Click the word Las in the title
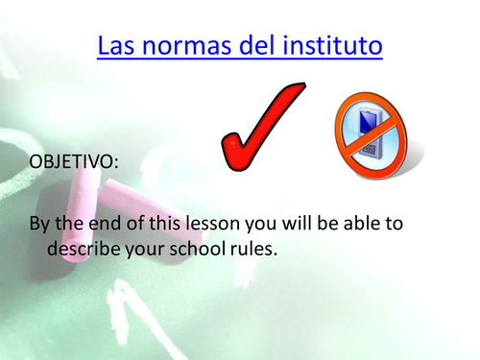(x=118, y=45)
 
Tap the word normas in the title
(x=189, y=45)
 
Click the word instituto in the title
(x=332, y=45)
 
